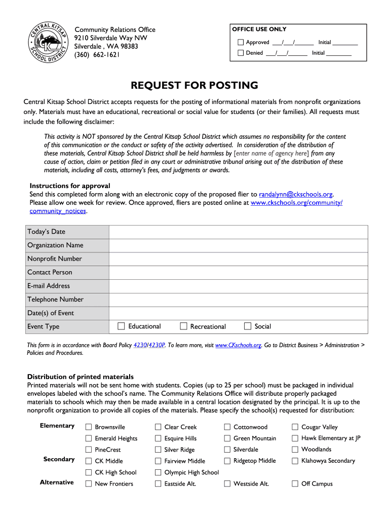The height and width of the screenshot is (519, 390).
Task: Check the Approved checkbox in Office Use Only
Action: pos(241,42)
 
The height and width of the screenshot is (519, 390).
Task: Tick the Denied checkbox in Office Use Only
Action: pos(241,53)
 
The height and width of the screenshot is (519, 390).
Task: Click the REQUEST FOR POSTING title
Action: pos(194,85)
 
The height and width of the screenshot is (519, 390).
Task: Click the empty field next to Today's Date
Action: pos(238,232)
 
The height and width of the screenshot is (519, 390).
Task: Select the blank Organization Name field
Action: pos(238,245)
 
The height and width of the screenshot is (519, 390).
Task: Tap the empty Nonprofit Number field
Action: pos(238,259)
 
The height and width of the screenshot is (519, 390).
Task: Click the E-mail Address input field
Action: pos(238,286)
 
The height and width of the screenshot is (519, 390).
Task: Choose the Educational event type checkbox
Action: pos(121,326)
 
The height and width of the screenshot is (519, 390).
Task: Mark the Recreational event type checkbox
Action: pos(183,326)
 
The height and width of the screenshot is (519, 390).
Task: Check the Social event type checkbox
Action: pos(248,326)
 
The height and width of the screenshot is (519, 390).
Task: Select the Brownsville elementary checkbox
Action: pos(89,427)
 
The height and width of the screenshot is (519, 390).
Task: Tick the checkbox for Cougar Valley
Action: pos(295,427)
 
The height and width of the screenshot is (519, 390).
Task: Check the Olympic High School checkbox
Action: pos(158,472)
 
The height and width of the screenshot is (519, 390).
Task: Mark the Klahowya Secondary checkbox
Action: pos(295,461)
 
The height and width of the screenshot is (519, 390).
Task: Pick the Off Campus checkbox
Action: pos(295,484)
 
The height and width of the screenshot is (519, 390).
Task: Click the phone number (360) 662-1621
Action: pos(97,55)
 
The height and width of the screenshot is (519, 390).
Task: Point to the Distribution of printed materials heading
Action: pos(80,377)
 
